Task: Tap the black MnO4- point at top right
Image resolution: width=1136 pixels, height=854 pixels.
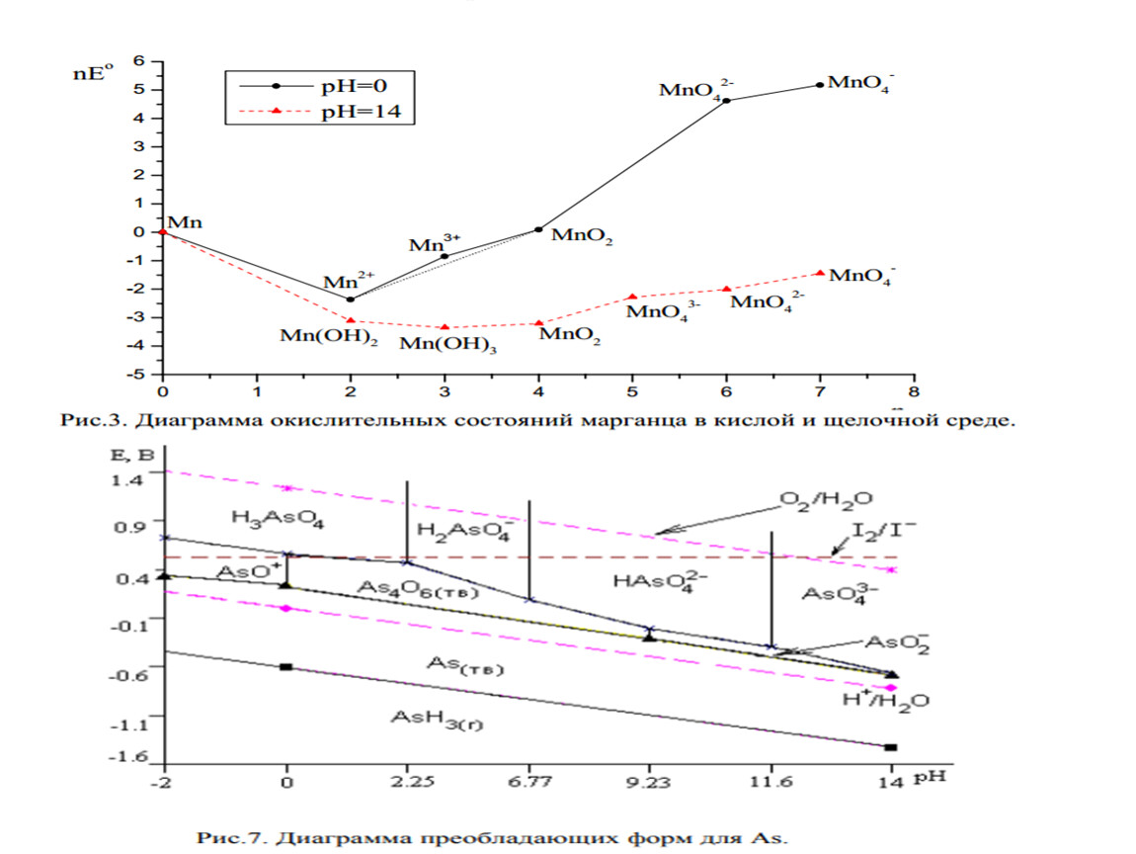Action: pos(820,85)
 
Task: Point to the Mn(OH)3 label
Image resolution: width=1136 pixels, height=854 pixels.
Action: pos(446,345)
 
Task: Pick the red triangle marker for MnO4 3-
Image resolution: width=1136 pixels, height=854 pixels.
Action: pos(632,297)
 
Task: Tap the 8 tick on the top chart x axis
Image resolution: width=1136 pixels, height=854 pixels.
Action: pos(914,392)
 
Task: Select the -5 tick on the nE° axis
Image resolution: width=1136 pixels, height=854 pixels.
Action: pos(139,375)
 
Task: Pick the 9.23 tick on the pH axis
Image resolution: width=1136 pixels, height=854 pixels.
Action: pos(649,782)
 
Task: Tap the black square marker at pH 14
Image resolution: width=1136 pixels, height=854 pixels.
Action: pos(890,747)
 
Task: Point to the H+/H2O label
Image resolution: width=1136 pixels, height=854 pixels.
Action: pos(889,701)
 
